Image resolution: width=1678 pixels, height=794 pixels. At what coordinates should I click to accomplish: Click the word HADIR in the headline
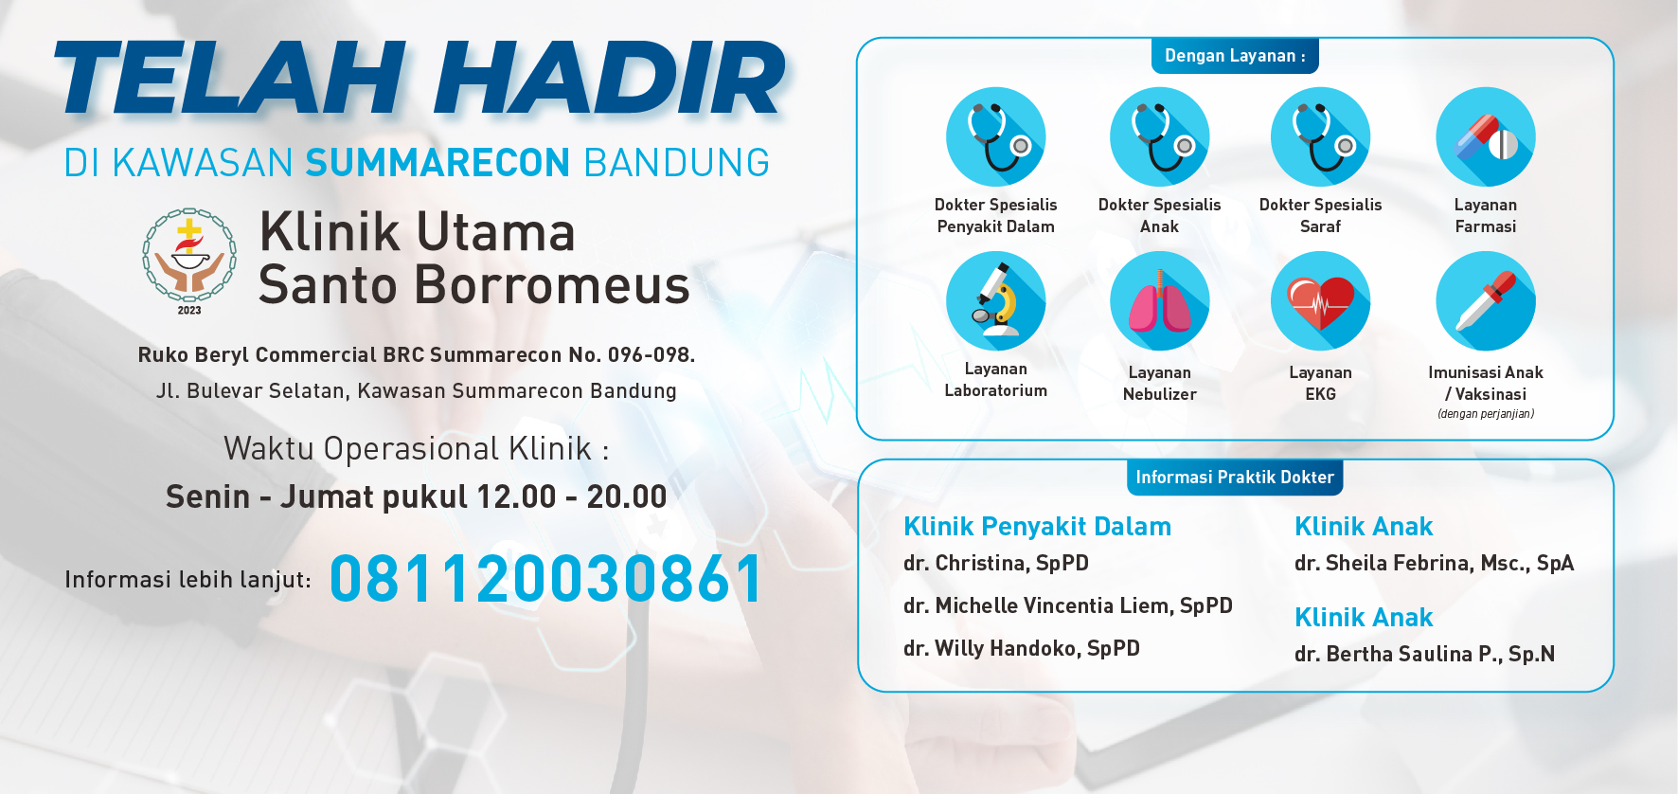pos(610,79)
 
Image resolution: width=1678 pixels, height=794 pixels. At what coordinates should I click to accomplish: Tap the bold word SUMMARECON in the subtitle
pos(437,163)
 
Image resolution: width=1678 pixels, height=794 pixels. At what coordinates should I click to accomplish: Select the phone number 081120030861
pos(546,579)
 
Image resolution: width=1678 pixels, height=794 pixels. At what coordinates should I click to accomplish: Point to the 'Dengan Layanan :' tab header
pos(1235,56)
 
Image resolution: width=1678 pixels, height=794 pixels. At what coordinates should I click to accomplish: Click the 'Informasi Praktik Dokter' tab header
pos(1235,478)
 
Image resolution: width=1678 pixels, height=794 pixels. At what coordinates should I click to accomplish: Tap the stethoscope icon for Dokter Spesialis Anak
pos(1160,137)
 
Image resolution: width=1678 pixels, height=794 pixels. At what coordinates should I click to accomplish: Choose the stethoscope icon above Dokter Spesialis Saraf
pos(1321,137)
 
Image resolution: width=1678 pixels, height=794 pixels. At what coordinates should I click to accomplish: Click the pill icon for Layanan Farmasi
pos(1486,137)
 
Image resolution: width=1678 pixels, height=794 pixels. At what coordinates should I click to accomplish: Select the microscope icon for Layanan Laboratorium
pos(996,301)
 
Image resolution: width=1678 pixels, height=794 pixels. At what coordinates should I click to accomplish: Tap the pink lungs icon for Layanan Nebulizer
pos(1160,301)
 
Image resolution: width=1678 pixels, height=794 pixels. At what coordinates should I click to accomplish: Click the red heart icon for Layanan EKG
pos(1321,301)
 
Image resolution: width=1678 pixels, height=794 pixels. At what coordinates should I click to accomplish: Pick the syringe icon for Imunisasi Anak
pos(1486,301)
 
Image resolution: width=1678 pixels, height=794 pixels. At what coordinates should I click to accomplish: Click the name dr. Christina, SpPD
pos(996,563)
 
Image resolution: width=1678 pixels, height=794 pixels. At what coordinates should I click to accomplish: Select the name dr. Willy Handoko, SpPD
pos(1022,648)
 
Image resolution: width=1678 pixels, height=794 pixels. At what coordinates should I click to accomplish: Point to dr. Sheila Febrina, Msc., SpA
pos(1434,563)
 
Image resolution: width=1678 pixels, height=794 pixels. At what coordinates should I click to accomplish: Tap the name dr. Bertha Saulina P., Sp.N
pos(1424,654)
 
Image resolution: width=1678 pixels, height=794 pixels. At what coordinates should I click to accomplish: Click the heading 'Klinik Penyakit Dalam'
pos(1037,527)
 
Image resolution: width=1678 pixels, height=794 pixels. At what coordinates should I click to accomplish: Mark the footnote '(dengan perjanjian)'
pos(1486,414)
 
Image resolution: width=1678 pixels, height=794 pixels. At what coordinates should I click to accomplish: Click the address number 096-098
pos(651,355)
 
